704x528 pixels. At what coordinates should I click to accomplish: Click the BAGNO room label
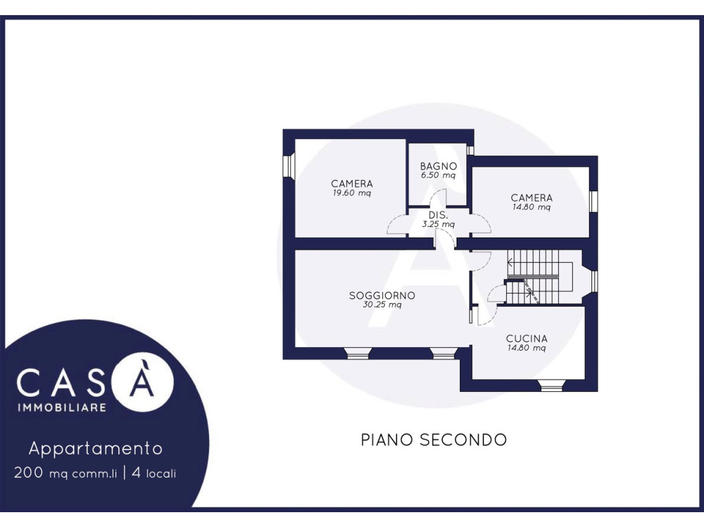pos(438,166)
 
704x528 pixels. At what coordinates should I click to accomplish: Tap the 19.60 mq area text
pos(351,193)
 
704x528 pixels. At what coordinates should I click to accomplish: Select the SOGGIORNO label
pos(382,296)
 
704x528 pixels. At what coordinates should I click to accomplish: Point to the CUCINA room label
pos(527,338)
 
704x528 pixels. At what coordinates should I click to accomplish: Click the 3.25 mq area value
pos(438,224)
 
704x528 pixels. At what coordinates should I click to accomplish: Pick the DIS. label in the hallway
pos(438,215)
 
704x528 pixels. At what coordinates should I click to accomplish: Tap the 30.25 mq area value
pos(382,305)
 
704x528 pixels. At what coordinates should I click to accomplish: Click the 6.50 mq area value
pos(438,175)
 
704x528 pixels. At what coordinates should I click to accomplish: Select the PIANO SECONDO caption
pos(434,439)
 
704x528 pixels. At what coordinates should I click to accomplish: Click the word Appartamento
pos(96,448)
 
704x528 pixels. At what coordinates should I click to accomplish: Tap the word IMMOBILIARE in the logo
pos(62,407)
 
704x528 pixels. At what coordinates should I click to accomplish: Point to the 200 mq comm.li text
pos(65,473)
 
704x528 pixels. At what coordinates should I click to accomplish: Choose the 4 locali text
pos(154,473)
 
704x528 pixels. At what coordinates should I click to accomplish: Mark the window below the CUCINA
pos(551,385)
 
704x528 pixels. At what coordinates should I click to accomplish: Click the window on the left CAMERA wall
pos(288,166)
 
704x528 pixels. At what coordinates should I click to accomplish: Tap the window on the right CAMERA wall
pos(593,200)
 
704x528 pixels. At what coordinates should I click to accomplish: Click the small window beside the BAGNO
pos(470,151)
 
